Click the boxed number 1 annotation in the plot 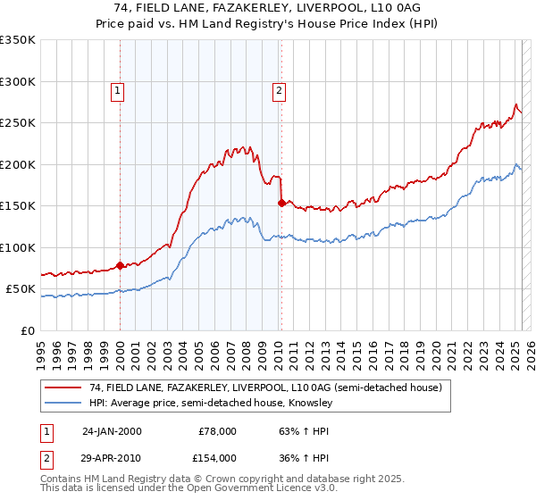(x=118, y=89)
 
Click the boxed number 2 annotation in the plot (x=280, y=89)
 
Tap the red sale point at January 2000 (x=120, y=265)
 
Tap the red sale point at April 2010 (x=281, y=203)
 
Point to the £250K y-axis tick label (x=18, y=123)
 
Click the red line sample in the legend (x=63, y=387)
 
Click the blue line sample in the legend (x=63, y=403)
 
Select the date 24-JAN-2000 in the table (x=112, y=431)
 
